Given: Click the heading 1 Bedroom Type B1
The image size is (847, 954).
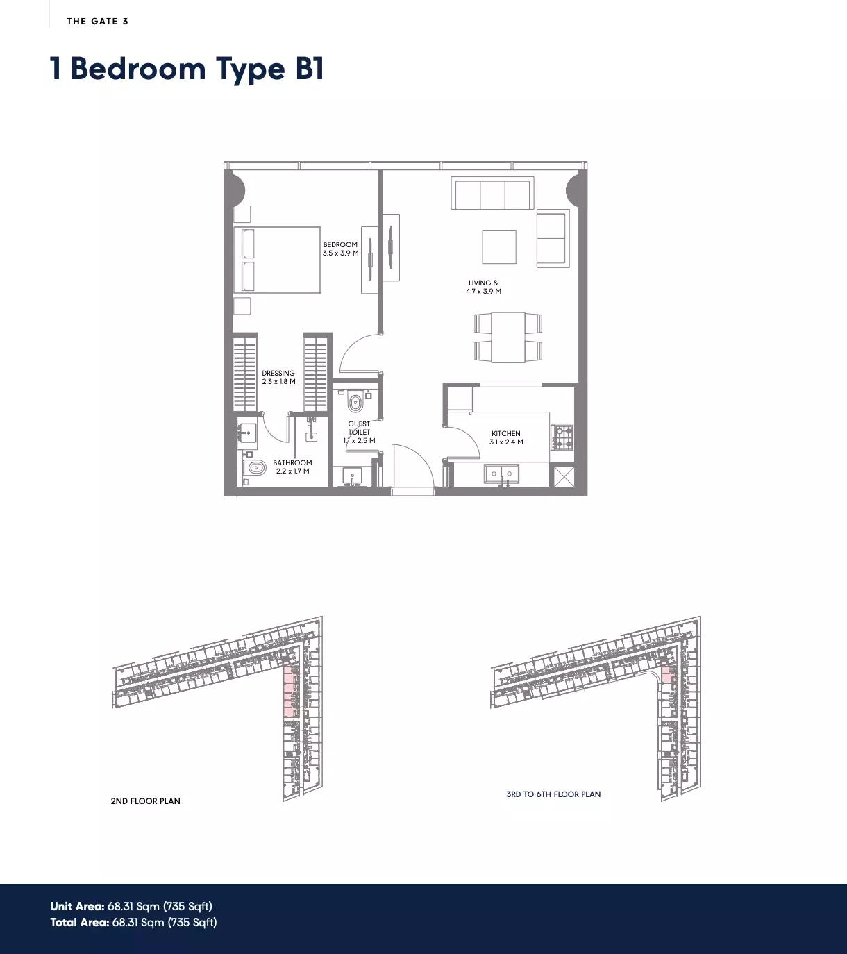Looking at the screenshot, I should click(x=187, y=69).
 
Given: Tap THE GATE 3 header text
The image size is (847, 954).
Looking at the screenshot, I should click(x=97, y=21).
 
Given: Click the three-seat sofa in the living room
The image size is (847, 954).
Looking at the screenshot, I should click(x=492, y=194).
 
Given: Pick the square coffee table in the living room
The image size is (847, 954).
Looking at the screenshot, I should click(x=499, y=246).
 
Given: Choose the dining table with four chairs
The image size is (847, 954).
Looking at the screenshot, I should click(x=508, y=337).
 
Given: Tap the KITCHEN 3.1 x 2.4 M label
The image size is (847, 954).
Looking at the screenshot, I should click(x=506, y=437).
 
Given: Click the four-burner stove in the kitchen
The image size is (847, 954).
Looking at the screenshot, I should click(x=562, y=437).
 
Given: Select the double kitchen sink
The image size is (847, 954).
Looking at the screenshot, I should click(x=501, y=474).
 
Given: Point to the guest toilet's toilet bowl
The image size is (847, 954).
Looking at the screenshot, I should click(x=355, y=402).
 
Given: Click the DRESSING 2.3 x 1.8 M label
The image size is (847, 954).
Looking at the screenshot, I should click(x=278, y=377).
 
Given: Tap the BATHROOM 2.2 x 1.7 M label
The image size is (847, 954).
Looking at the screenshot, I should click(x=292, y=467).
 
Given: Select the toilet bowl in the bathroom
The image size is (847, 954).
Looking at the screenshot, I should click(x=255, y=468).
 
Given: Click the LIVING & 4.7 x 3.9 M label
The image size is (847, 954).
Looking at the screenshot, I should click(x=483, y=287).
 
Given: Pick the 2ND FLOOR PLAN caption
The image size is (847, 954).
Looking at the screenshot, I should click(x=145, y=801).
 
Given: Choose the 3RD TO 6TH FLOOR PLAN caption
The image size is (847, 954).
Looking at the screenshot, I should click(x=553, y=794).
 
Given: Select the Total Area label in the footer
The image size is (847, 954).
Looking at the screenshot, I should click(x=79, y=922).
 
